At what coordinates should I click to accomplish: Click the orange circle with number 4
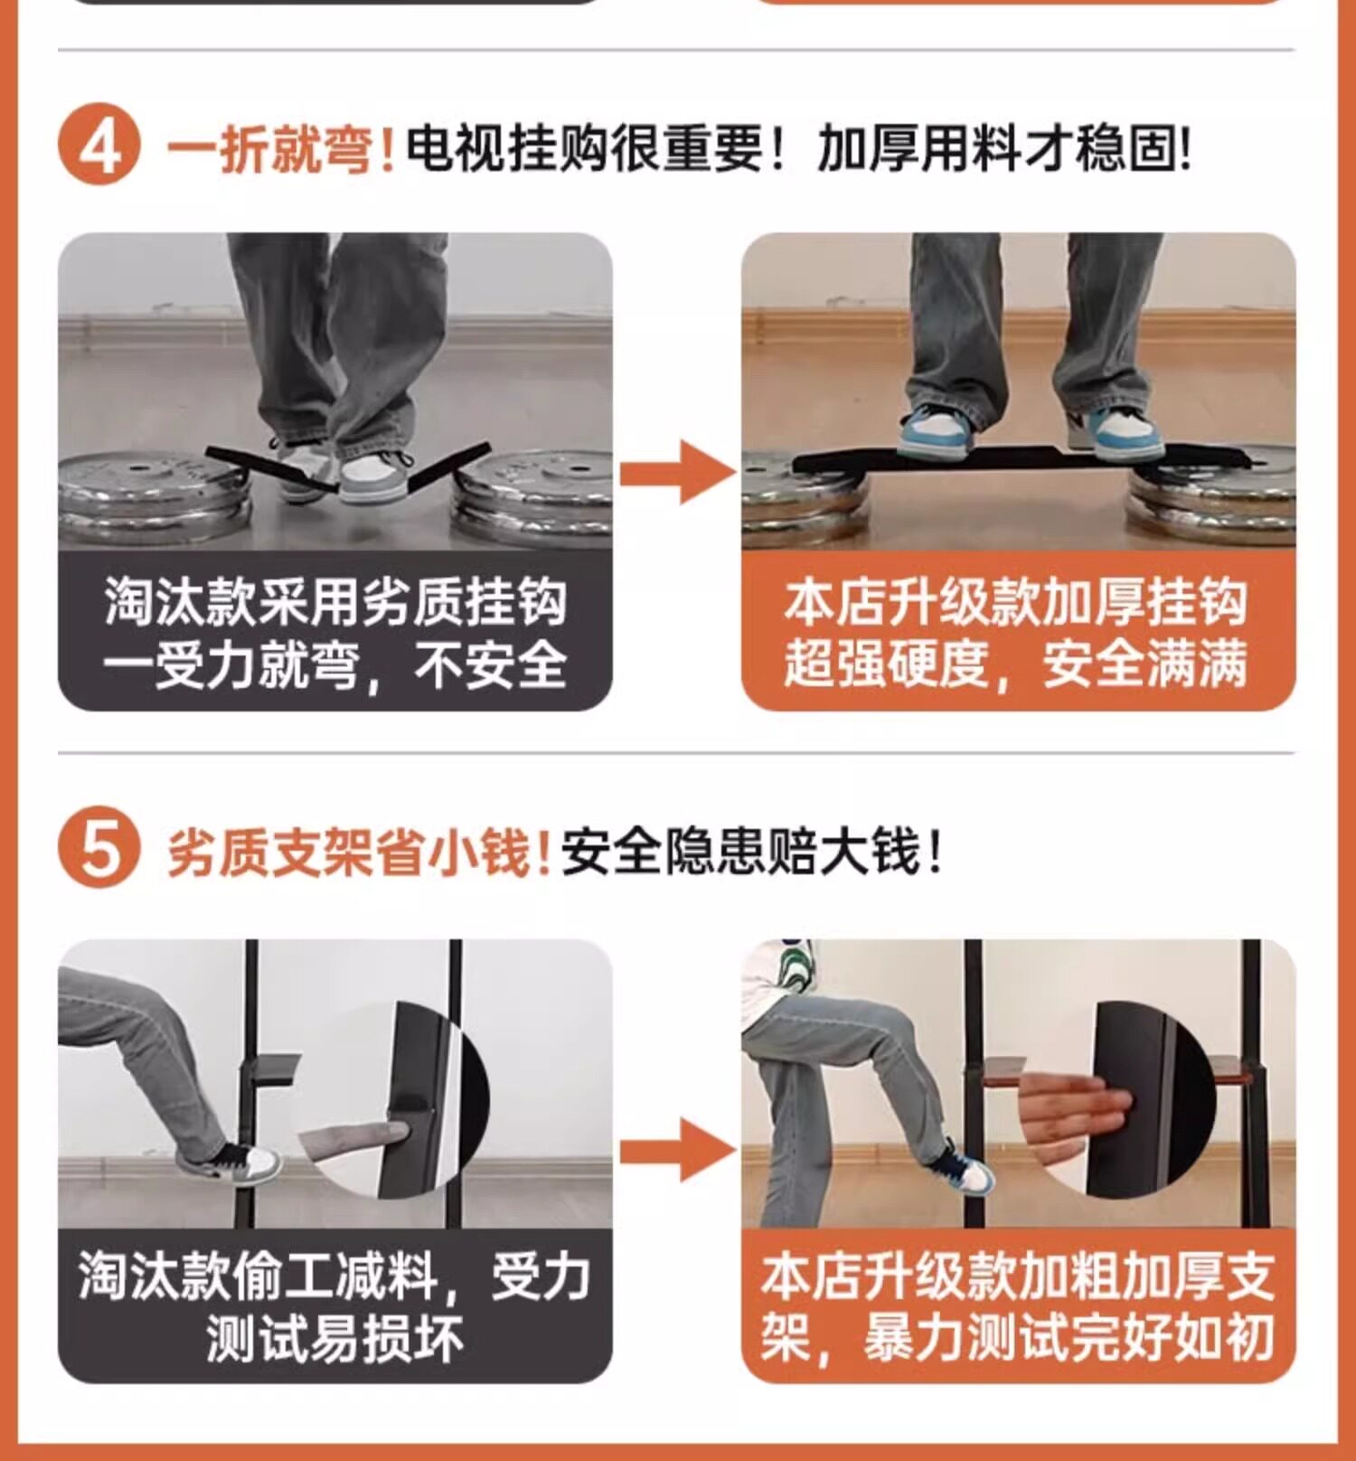[x=99, y=146]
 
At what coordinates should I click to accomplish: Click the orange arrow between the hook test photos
[x=677, y=472]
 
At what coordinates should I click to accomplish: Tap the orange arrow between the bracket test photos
[x=677, y=1150]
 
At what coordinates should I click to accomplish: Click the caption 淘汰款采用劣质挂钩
[x=335, y=601]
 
